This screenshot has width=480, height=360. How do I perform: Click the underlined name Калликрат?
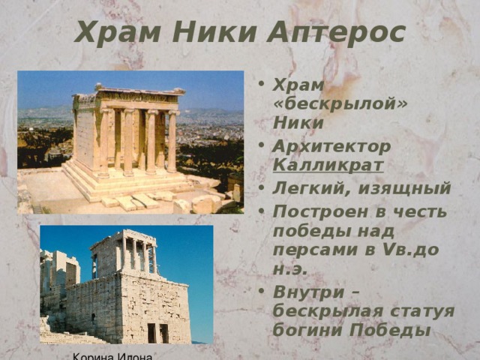point(328,165)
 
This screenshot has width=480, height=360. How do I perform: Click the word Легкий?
point(310,187)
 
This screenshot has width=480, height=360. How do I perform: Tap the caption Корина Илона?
point(113,356)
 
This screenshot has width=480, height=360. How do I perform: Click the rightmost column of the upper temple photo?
point(172,141)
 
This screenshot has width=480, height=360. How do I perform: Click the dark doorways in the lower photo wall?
point(157,332)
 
